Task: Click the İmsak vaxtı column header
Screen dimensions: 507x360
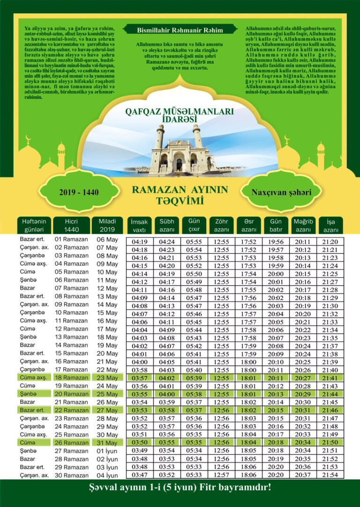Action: click(x=139, y=225)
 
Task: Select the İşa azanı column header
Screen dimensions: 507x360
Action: click(x=330, y=225)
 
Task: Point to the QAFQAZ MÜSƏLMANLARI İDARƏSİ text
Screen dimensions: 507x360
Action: click(x=180, y=116)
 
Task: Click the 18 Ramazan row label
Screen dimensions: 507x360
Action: click(x=72, y=377)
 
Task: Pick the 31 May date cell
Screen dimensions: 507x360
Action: click(x=107, y=443)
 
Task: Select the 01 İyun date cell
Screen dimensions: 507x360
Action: click(x=107, y=451)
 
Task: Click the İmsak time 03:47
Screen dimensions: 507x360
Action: click(x=140, y=475)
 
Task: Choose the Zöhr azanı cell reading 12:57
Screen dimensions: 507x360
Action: click(x=222, y=475)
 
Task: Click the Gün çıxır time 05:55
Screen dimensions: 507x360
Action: click(x=194, y=242)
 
